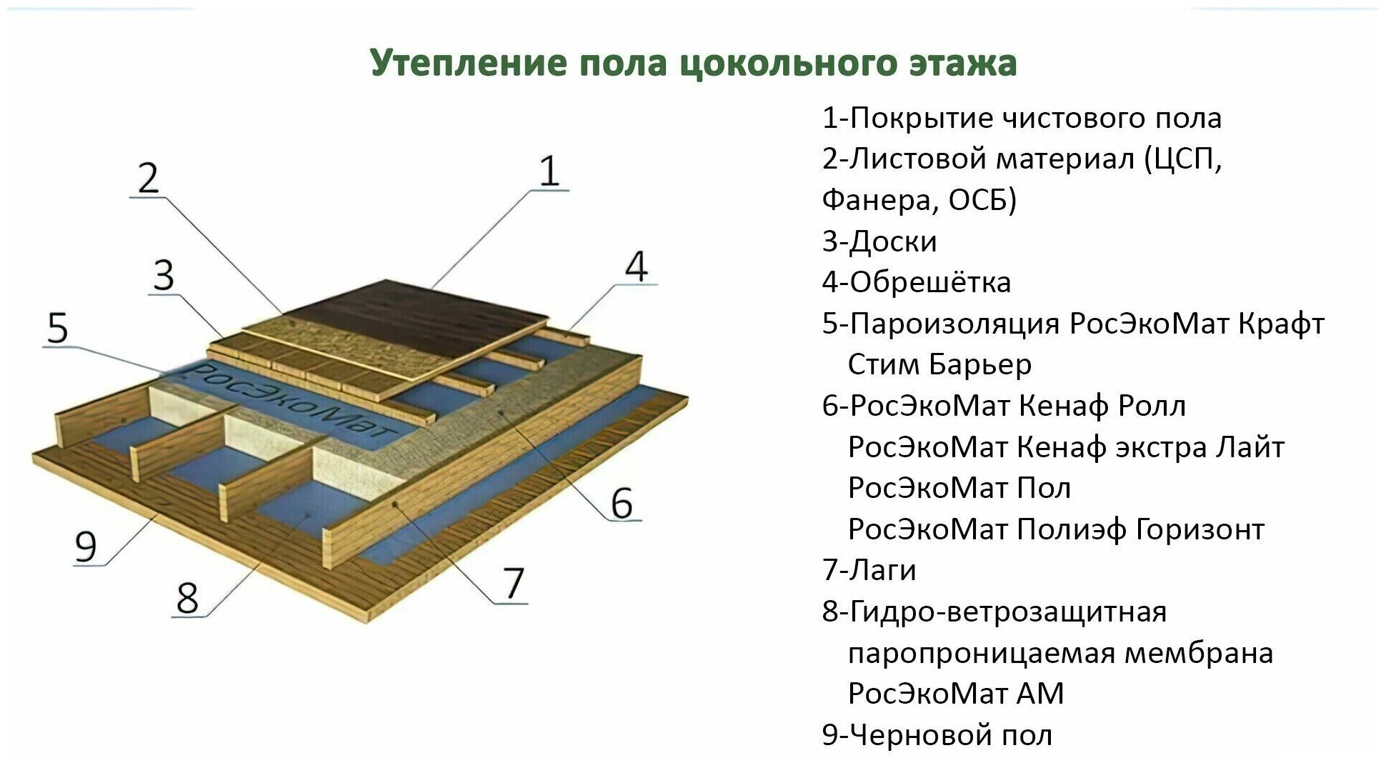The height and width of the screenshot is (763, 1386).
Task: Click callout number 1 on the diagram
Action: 549,171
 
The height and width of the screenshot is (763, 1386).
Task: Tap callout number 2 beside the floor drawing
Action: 148,178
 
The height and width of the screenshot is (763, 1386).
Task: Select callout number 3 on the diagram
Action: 164,275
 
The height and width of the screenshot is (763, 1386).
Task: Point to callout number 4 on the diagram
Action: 636,266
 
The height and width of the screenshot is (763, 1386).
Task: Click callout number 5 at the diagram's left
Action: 57,328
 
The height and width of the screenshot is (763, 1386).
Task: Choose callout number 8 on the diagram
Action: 187,598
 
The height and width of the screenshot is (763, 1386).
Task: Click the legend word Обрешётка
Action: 930,282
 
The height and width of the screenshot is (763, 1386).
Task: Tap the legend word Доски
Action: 893,242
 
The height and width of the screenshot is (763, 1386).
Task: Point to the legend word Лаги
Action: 883,571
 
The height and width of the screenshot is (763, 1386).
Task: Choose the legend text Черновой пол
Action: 951,735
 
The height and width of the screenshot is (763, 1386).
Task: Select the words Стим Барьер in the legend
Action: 939,365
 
